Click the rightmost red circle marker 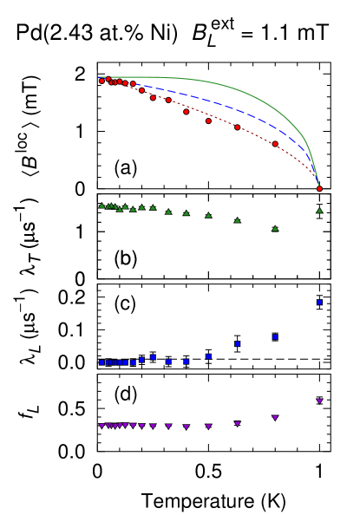[319, 188]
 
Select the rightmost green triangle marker [319, 210]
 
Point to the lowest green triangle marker [275, 228]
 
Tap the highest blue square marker [319, 302]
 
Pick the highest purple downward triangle [319, 401]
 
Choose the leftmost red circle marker [101, 81]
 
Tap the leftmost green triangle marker [101, 205]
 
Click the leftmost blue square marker [101, 362]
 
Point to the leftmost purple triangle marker [101, 426]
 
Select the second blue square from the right [275, 336]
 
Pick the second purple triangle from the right [275, 417]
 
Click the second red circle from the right [275, 143]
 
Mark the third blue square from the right [237, 343]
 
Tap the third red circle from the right [237, 127]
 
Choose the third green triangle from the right [237, 219]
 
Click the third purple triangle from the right [237, 423]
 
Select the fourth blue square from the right [208, 355]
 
